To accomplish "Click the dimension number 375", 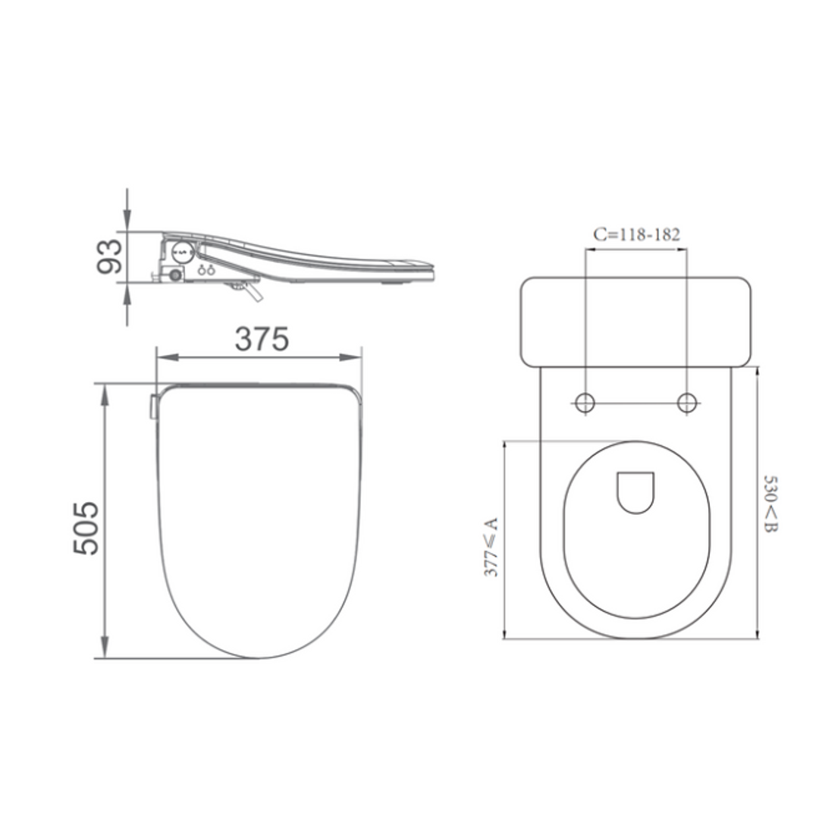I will tap(261, 339).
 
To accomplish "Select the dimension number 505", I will tap(86, 528).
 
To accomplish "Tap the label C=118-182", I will tap(636, 234).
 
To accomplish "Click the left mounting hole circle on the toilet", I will tap(585, 403).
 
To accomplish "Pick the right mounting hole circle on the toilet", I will tap(687, 403).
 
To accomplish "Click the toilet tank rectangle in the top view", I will tap(635, 322).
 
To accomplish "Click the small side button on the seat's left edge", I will tap(153, 406).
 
